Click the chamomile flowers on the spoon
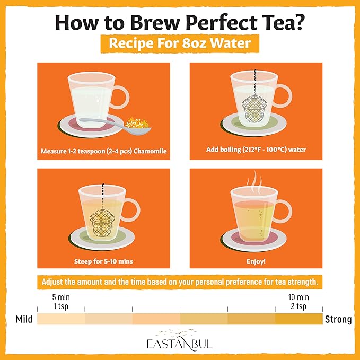(137, 123)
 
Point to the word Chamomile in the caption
(150, 151)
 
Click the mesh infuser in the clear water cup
(254, 108)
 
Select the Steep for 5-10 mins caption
(103, 261)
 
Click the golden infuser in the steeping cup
(102, 223)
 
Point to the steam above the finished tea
(254, 182)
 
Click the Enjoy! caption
(256, 261)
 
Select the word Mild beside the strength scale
(24, 319)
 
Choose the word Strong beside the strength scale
(338, 319)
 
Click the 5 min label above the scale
(61, 297)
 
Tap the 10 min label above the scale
(298, 297)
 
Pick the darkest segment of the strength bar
(299, 319)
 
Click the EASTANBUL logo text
(180, 344)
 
